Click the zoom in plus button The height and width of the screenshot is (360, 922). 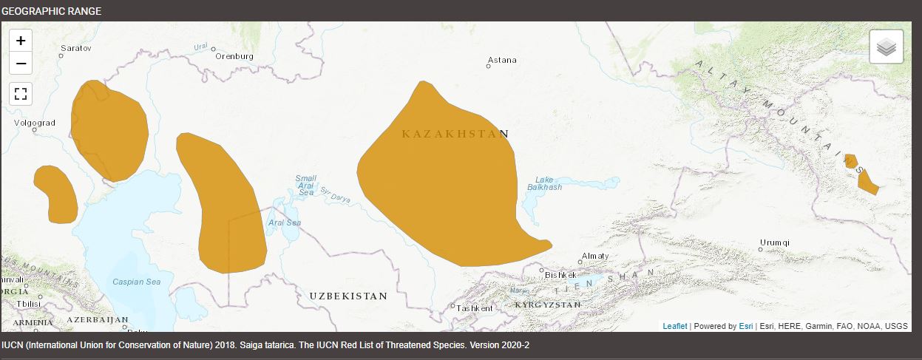click(x=21, y=41)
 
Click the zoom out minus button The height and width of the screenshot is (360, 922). click(x=21, y=64)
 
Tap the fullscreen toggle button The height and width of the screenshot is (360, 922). click(x=21, y=93)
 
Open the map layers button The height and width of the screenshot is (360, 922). click(x=887, y=47)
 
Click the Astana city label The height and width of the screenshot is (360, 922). click(x=502, y=60)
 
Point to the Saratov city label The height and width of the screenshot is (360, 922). click(x=75, y=47)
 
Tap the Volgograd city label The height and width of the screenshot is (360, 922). click(x=35, y=123)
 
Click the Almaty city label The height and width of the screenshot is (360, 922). click(x=595, y=256)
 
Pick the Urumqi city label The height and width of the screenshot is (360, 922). click(x=775, y=242)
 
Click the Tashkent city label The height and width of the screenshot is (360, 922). click(x=474, y=308)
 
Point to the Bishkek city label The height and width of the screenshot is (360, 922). click(x=560, y=274)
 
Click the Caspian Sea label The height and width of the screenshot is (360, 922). click(x=136, y=282)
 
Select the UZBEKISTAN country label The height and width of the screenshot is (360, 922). click(x=348, y=296)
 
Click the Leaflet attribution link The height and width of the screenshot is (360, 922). click(x=674, y=326)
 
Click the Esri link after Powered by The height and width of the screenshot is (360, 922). click(x=746, y=326)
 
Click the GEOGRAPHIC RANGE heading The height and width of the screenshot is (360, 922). click(x=52, y=11)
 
